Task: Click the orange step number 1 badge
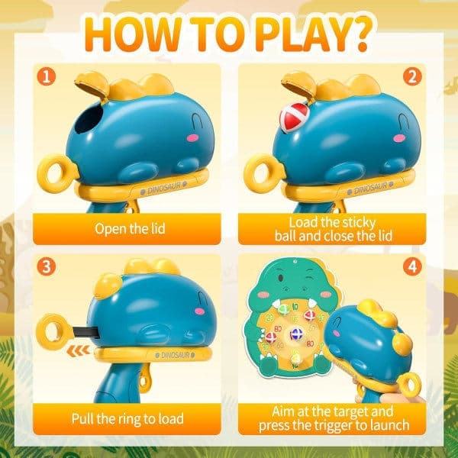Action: (47, 76)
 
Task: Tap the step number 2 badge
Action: (412, 76)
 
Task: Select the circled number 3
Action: (47, 266)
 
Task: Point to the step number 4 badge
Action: (412, 266)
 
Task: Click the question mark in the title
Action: (359, 33)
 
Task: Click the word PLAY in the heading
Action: (300, 34)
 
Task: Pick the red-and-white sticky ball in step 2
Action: (295, 117)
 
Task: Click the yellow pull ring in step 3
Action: (54, 331)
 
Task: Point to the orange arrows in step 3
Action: (78, 350)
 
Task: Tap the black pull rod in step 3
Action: (85, 332)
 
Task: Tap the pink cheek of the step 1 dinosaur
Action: (193, 137)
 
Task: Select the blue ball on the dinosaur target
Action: (296, 334)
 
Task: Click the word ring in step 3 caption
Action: (129, 419)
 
